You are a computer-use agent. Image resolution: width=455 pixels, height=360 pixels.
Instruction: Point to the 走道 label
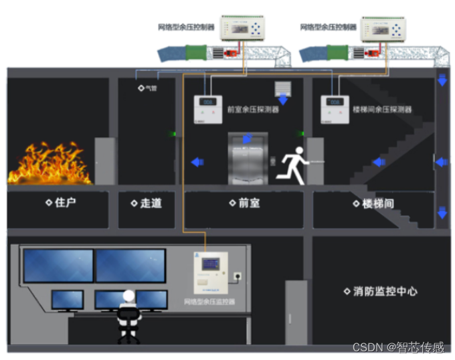pos(147,203)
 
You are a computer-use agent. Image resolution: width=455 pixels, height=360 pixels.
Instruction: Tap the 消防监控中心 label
pos(381,291)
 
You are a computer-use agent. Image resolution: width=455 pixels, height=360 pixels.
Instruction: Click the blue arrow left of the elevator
pos(197,162)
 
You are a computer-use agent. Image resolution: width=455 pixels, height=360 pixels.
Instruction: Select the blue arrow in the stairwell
pos(379,162)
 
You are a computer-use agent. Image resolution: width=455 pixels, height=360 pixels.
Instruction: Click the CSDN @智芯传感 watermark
pos(398,347)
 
